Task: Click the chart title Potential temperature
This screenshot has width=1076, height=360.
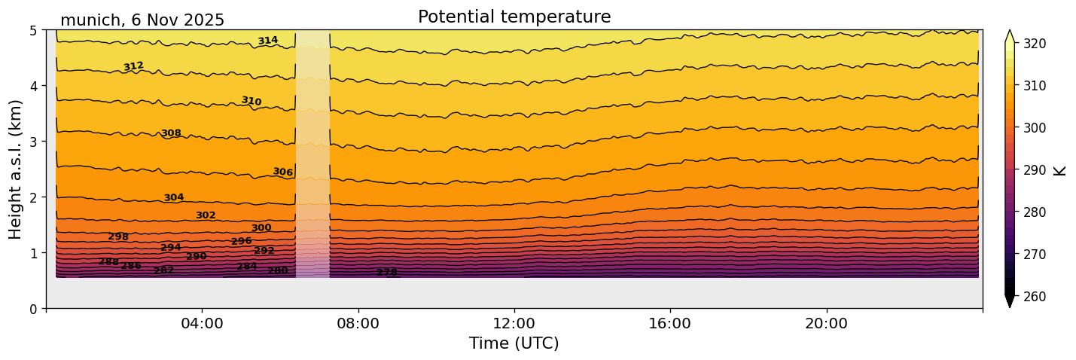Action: [x=514, y=17]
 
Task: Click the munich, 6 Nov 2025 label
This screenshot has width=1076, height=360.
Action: [x=142, y=20]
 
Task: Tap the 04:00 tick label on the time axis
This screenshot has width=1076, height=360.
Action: [x=202, y=324]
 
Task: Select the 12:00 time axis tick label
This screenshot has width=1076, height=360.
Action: [x=514, y=324]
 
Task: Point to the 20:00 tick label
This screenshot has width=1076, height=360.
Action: [x=826, y=324]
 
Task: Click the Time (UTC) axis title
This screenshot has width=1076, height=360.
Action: [x=514, y=343]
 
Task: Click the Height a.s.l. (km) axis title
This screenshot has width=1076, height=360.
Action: [x=16, y=169]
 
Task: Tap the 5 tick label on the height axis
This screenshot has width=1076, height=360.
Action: [x=34, y=30]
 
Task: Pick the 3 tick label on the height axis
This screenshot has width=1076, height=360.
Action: [x=34, y=142]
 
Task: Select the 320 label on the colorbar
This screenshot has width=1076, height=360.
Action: [x=1032, y=44]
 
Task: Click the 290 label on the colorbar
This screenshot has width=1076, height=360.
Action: [x=1032, y=170]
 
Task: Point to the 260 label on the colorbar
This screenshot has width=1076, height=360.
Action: [x=1032, y=297]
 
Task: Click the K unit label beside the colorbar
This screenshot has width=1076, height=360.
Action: [x=1060, y=170]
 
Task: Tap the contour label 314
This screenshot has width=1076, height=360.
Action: [x=267, y=41]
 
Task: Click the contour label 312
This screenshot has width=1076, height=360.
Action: [x=133, y=66]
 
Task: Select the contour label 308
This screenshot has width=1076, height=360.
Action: [x=171, y=133]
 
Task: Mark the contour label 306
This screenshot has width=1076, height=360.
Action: [x=282, y=172]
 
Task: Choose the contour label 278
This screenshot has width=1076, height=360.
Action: [x=386, y=273]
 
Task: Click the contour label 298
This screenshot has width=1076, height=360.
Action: [x=118, y=236]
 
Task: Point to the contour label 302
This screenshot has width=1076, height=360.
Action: [x=206, y=215]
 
